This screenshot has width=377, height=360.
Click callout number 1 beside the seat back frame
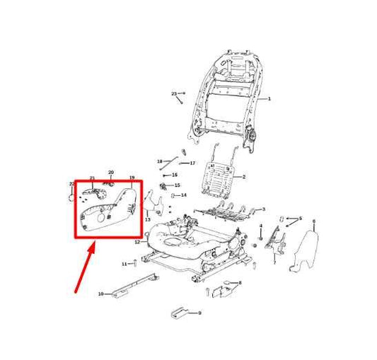269,100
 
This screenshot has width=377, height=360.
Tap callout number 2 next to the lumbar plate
243,177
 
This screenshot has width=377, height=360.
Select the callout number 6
314,221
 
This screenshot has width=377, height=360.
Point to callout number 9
199,313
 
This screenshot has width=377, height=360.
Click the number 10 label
100,293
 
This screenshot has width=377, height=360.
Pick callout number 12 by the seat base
137,242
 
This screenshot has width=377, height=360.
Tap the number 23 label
173,93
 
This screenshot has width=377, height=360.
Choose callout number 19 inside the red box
132,178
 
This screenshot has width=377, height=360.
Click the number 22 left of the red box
71,184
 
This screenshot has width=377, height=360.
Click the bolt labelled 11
132,264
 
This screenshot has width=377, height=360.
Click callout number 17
192,163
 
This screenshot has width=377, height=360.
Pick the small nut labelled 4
260,238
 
